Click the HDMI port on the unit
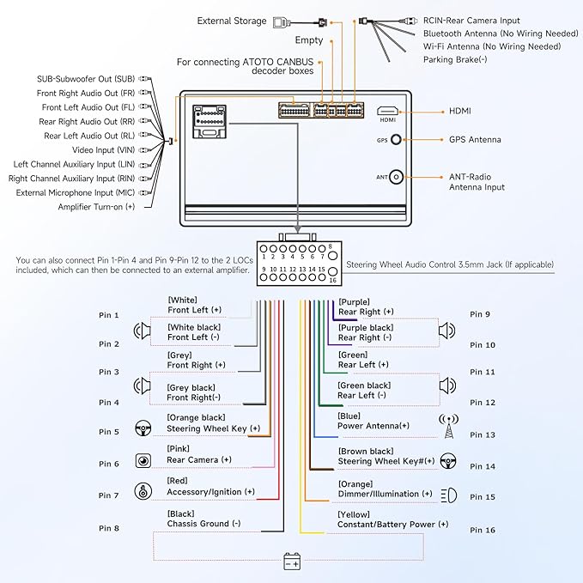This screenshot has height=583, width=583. click(x=388, y=111)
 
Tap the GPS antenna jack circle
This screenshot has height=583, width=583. click(x=396, y=139)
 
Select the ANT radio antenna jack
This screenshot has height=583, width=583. click(x=396, y=177)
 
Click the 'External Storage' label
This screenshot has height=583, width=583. click(x=232, y=21)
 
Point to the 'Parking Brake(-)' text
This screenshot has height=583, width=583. click(x=455, y=59)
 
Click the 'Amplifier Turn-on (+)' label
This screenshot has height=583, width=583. click(x=96, y=207)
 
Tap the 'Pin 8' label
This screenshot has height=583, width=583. click(x=109, y=529)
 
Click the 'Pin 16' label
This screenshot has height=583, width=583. click(x=483, y=530)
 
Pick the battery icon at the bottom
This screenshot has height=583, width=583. click(x=292, y=562)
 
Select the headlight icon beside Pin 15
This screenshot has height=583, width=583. click(x=448, y=495)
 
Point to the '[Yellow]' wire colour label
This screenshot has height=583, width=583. click(x=354, y=513)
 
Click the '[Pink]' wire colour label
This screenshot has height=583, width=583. click(x=178, y=449)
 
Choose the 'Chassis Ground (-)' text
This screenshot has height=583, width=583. click(x=204, y=524)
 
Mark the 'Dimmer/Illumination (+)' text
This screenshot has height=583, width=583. click(x=385, y=494)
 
